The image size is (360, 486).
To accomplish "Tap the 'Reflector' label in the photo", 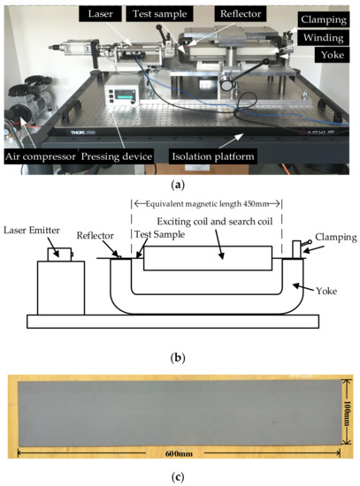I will coord(233,15).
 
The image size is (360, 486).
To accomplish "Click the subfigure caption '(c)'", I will coord(180,477).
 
